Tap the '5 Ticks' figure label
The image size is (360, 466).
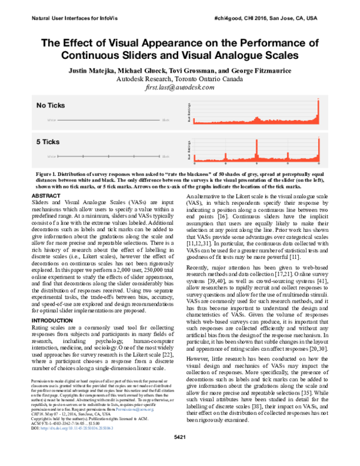tap(47, 142)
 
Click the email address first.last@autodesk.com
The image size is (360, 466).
tap(179, 87)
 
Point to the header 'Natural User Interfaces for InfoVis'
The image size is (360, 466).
tap(71, 19)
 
